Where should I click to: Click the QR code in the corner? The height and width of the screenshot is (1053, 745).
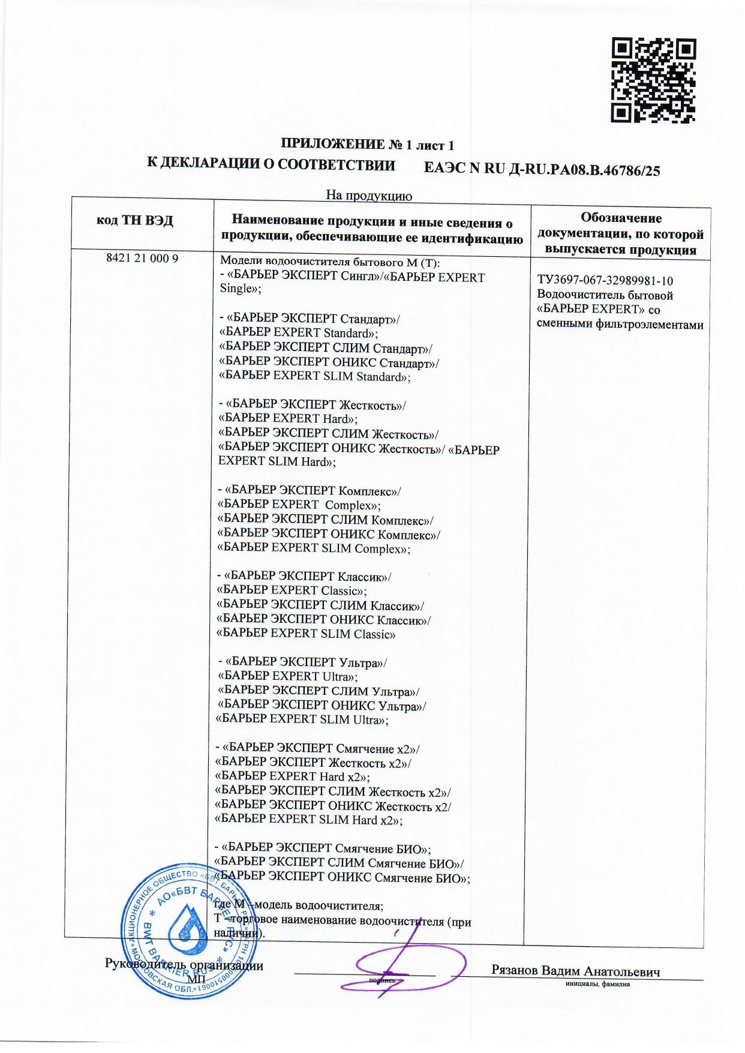click(653, 80)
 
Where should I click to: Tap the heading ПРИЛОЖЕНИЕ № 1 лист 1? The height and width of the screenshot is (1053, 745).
click(368, 145)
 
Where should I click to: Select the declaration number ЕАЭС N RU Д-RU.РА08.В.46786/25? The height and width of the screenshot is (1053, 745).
click(542, 170)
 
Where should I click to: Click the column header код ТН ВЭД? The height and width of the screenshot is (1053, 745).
click(135, 221)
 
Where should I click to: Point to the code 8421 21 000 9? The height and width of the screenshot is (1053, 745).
click(142, 259)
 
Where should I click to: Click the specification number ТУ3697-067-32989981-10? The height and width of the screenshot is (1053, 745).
click(605, 281)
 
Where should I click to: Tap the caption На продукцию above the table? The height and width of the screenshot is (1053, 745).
click(368, 195)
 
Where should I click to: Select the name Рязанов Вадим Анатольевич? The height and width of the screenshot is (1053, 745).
click(575, 971)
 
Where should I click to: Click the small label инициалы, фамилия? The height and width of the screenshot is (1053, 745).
click(597, 985)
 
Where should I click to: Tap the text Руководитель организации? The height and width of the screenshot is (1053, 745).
click(184, 965)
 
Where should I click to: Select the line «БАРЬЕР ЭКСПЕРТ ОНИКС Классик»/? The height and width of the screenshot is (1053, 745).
click(323, 620)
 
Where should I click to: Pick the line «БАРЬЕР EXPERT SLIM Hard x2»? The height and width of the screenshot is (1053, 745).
click(308, 820)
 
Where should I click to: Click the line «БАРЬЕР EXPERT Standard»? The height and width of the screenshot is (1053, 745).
click(298, 333)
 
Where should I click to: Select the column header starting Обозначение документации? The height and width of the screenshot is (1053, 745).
click(620, 234)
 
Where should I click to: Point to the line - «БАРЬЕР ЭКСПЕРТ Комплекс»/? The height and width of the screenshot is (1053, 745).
click(310, 491)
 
